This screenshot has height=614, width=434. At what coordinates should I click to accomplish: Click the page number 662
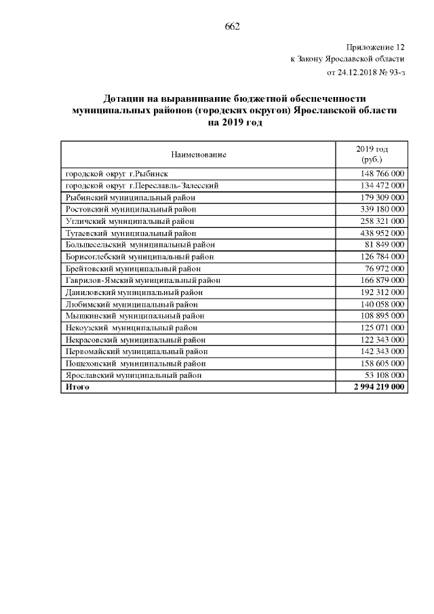[233, 27]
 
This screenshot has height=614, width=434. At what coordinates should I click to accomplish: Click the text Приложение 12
[375, 47]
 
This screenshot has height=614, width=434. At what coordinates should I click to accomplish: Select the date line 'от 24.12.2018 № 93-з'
[366, 72]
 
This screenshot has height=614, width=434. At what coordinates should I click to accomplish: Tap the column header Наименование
[199, 155]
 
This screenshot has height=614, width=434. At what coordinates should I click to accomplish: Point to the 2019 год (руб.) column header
[372, 154]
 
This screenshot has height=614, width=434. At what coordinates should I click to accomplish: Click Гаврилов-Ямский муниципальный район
[142, 280]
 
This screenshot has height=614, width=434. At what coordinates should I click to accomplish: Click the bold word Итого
[77, 387]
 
